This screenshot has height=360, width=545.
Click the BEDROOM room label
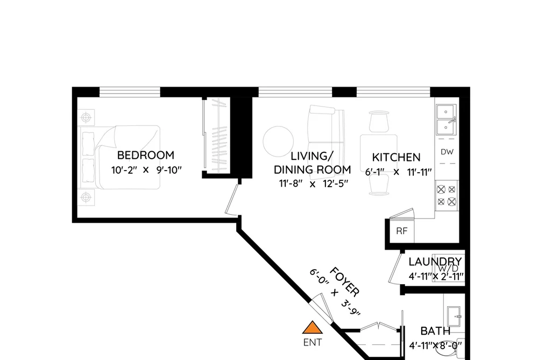point(146,155)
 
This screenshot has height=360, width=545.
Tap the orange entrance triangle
point(313,328)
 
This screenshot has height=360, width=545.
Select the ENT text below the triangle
point(313,342)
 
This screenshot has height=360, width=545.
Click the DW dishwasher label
point(447,152)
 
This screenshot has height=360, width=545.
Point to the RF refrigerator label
point(402,231)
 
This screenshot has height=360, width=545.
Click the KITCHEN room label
point(396,158)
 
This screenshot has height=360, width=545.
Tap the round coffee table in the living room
point(278,142)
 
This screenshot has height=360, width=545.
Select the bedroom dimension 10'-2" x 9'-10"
point(147,170)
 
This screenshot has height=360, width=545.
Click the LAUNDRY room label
point(435,262)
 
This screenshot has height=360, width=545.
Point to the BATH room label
point(435,331)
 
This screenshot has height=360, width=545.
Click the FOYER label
point(344,282)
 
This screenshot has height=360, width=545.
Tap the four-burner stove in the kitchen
point(447,195)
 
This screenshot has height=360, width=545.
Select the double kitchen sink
point(447,119)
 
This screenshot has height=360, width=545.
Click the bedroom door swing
point(232,200)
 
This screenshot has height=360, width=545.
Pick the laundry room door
point(395,269)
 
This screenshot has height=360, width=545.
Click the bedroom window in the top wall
point(130,91)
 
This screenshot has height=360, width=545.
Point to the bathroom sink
point(454,316)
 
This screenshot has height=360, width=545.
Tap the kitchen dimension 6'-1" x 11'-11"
point(398,172)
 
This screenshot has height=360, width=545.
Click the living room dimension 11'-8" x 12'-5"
point(313,184)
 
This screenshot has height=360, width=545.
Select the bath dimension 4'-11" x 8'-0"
point(435,345)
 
